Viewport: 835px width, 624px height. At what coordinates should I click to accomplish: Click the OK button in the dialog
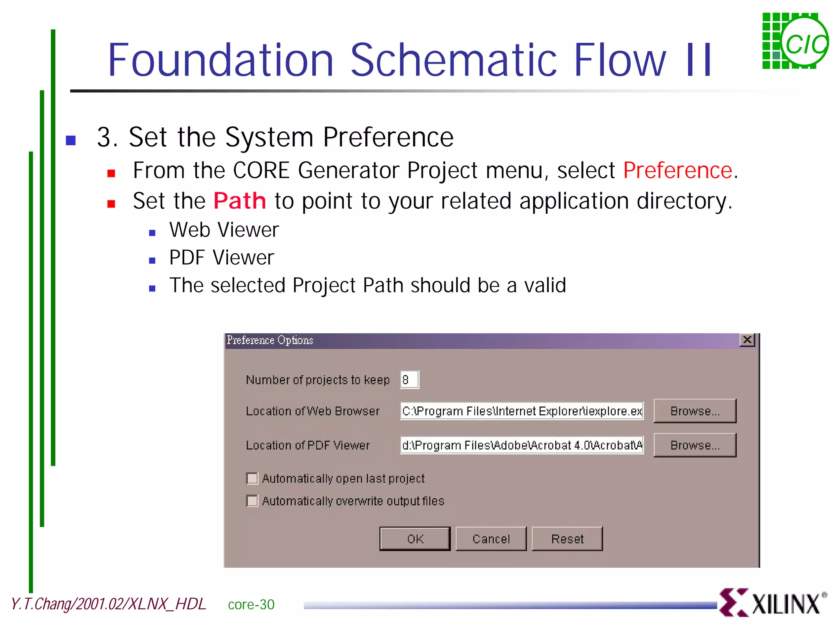tap(415, 539)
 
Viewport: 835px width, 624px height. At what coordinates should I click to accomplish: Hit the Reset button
tap(567, 539)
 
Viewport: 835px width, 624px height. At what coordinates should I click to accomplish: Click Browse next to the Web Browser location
tap(695, 411)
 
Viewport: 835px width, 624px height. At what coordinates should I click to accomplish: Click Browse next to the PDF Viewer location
tap(695, 445)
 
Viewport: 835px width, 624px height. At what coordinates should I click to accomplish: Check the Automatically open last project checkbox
tap(252, 478)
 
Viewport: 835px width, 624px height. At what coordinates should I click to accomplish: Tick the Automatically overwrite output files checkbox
tap(252, 500)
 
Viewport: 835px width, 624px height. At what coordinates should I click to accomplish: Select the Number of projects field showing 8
tap(409, 380)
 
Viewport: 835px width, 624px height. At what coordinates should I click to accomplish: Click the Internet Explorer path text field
tap(521, 411)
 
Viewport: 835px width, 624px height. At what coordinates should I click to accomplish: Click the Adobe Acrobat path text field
tap(521, 445)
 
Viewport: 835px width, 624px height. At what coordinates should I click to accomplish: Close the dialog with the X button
tap(747, 340)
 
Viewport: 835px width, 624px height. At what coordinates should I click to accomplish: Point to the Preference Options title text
tap(270, 340)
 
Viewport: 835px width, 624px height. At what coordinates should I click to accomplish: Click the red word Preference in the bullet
tap(678, 170)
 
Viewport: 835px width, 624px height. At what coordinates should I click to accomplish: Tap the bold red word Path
tap(240, 201)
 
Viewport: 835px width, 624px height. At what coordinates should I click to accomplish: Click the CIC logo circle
tap(805, 43)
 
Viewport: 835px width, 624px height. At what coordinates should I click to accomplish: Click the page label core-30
tap(251, 604)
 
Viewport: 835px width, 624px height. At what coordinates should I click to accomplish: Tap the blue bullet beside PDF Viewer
tap(152, 261)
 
